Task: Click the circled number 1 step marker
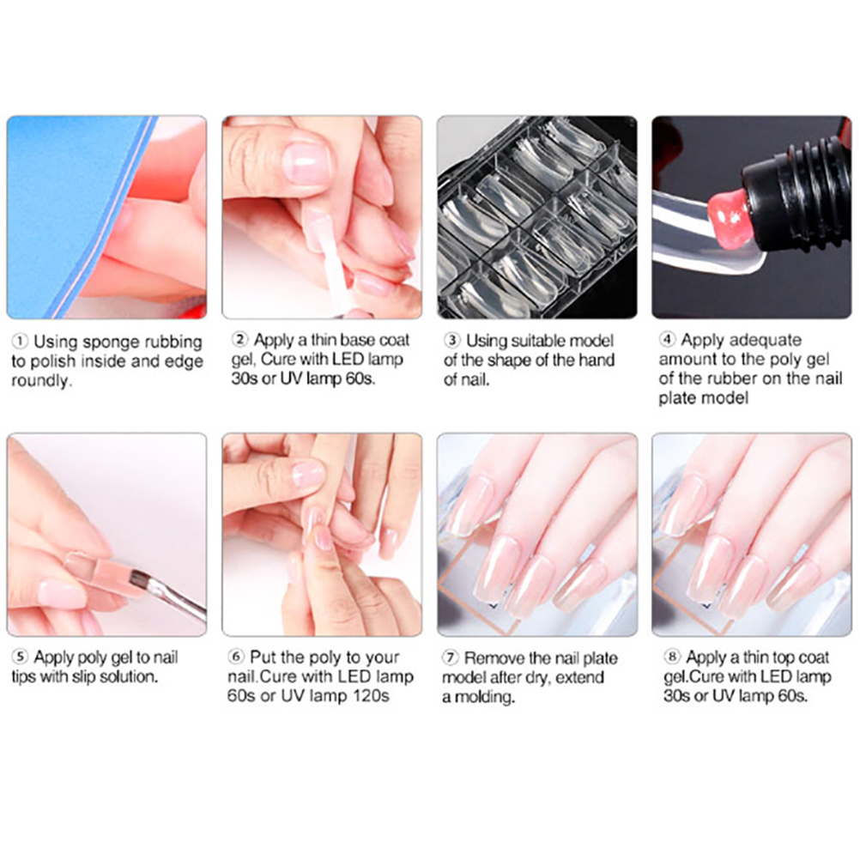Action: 20,342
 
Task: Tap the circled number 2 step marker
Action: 239,340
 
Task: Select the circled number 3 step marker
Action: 452,340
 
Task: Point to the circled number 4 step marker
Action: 667,340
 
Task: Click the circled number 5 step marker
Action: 20,657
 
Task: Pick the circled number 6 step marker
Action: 236,657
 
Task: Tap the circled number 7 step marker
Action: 451,657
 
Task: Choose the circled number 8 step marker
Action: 672,657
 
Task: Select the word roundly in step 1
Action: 42,381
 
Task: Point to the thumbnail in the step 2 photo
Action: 306,163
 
